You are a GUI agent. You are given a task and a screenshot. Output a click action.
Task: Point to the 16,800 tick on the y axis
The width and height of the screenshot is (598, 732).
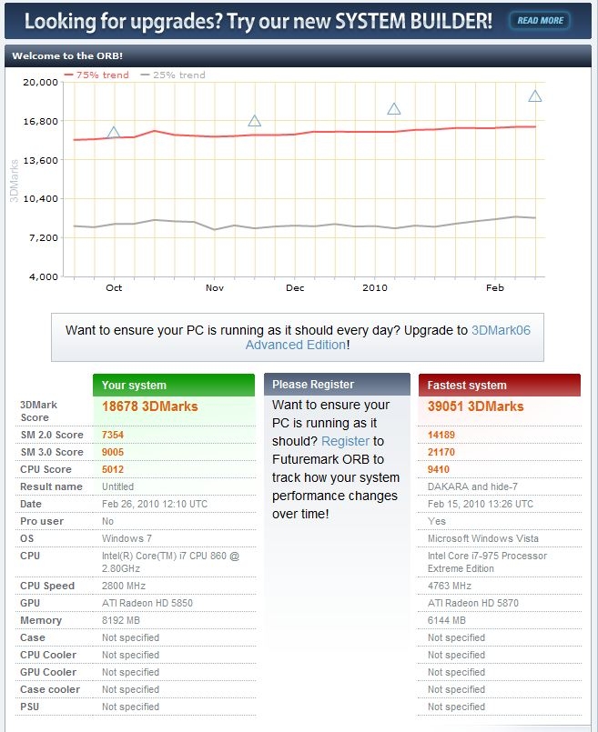[x=39, y=121]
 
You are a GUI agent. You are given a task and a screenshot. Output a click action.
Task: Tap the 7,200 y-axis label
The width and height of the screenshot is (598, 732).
[x=42, y=237]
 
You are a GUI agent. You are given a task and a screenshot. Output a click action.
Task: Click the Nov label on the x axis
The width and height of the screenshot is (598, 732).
[x=214, y=287]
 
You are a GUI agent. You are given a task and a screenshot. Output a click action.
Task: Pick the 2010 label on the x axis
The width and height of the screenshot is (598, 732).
[x=374, y=287]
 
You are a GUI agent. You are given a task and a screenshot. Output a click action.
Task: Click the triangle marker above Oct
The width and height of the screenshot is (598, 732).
[x=114, y=133]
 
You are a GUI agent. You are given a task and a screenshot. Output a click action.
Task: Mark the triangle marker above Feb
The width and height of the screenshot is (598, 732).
[x=535, y=96]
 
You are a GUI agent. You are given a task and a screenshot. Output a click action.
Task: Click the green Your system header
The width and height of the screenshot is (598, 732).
[x=173, y=385]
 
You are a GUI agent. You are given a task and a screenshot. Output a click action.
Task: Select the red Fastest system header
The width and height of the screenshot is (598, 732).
[x=500, y=385]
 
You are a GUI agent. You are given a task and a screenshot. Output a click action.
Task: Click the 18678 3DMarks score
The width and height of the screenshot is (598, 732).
[x=150, y=406]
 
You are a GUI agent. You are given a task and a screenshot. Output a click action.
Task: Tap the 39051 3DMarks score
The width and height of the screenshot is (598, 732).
[x=476, y=406]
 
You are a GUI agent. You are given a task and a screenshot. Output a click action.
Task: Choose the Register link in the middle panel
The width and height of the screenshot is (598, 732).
[x=345, y=441]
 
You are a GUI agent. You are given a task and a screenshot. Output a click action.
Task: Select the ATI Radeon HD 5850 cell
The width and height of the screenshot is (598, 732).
[x=147, y=603]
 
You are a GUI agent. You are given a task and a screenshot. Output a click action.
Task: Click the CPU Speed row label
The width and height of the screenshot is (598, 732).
[x=47, y=586]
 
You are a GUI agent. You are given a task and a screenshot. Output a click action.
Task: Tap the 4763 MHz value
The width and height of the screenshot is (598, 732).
[x=450, y=586]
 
